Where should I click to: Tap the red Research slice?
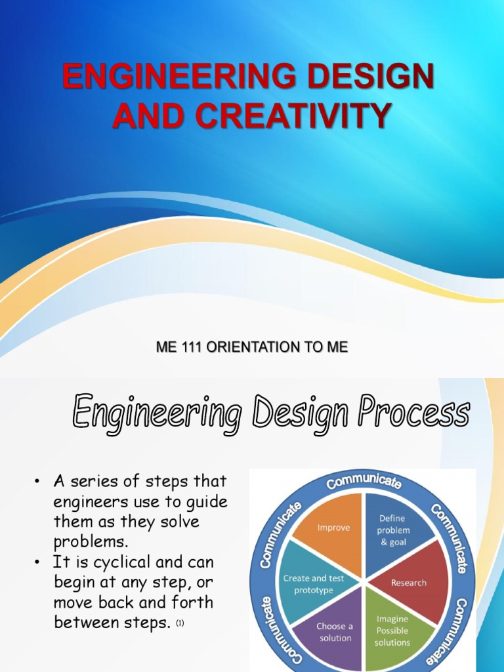(409, 583)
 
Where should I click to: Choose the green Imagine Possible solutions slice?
(392, 630)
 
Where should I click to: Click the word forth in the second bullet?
(190, 602)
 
